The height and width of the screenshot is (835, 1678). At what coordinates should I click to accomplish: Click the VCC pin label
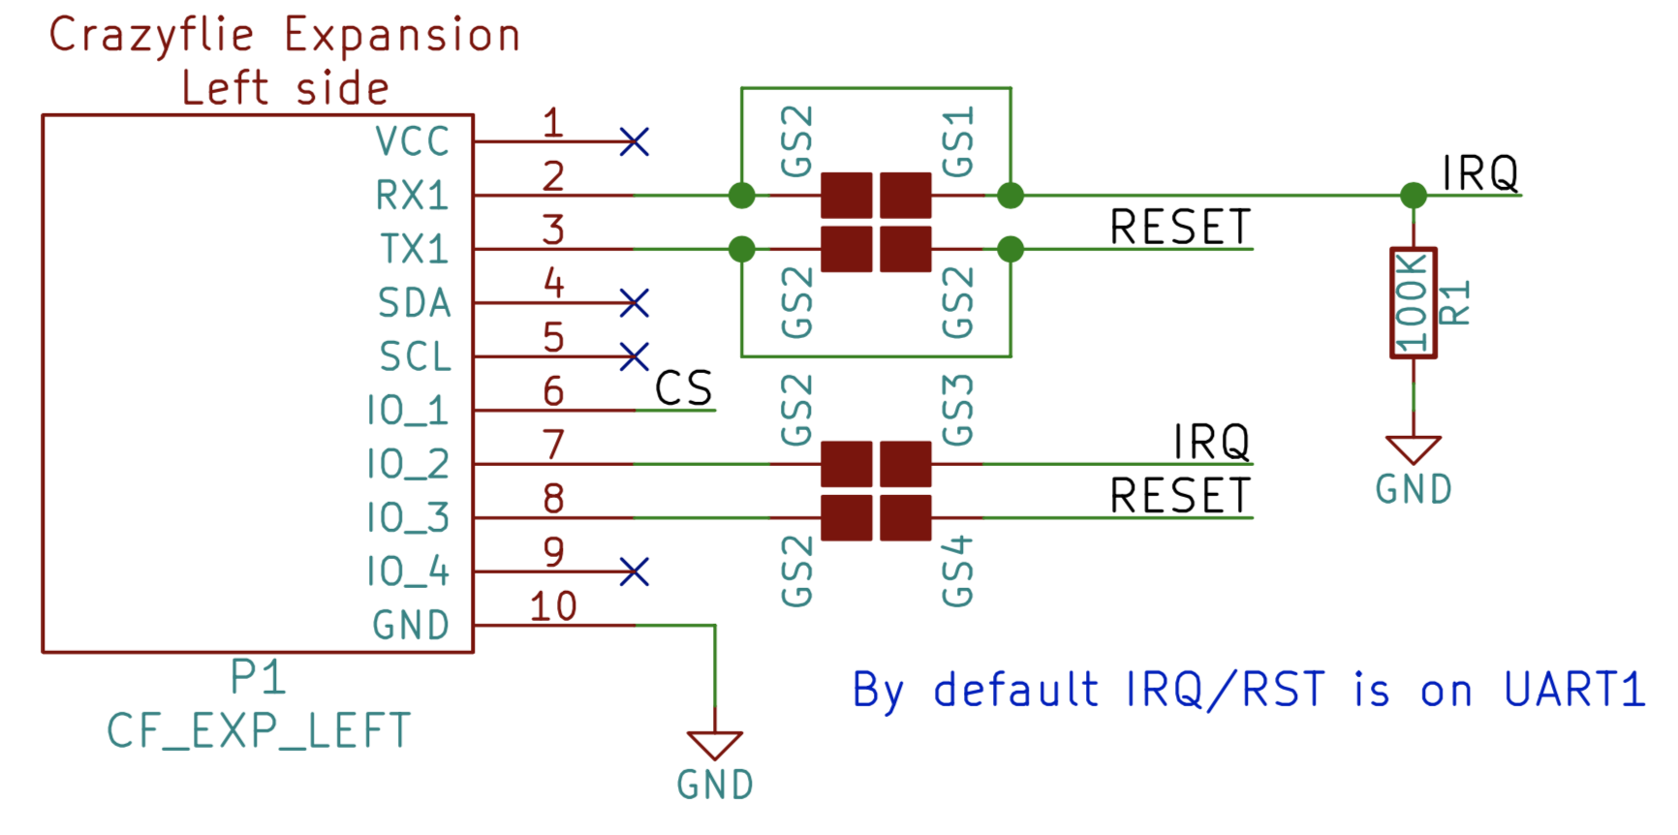click(413, 141)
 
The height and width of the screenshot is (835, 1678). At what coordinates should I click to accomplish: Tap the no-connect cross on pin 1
click(635, 142)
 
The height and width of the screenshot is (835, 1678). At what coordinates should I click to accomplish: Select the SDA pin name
click(415, 303)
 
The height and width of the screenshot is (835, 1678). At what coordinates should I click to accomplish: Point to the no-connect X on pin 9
click(635, 572)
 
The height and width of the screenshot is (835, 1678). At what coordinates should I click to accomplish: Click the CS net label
click(684, 389)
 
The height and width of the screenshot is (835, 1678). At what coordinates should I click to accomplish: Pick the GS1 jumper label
click(958, 141)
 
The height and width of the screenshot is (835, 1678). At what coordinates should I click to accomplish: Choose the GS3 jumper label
click(958, 410)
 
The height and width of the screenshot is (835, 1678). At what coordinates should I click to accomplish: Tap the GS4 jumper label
click(958, 572)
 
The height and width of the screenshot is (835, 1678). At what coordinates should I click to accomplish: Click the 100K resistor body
click(1413, 303)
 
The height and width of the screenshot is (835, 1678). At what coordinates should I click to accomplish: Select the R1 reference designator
click(1456, 303)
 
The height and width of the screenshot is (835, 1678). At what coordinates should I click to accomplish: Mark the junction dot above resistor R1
click(1414, 196)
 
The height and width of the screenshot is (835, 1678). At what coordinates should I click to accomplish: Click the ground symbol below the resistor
click(1414, 451)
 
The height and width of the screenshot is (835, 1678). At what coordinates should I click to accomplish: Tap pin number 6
click(553, 391)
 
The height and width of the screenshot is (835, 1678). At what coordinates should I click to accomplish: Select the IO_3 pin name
click(408, 518)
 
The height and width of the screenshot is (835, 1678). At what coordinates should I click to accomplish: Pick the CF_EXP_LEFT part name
click(259, 730)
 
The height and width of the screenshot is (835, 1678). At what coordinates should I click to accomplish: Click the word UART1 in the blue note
click(1574, 691)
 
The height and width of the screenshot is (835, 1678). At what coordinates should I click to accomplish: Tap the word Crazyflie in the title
click(152, 37)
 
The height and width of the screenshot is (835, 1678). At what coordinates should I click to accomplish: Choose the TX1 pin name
click(415, 249)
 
